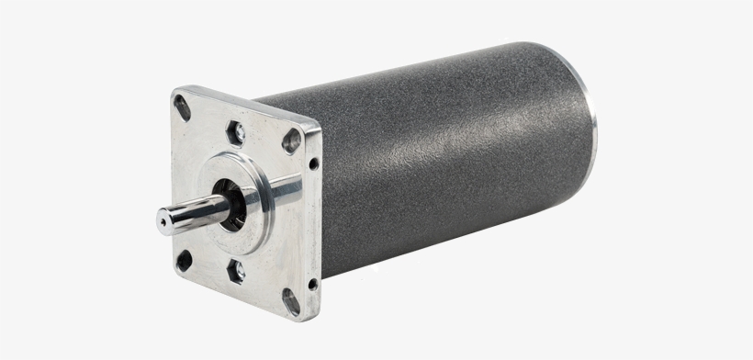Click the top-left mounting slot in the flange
[x=182, y=107]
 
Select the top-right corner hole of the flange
[x=292, y=141]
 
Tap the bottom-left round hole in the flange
[x=184, y=260]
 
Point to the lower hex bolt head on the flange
[x=236, y=271]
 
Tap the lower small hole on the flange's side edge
[x=312, y=284]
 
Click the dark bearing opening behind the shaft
[x=231, y=207]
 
